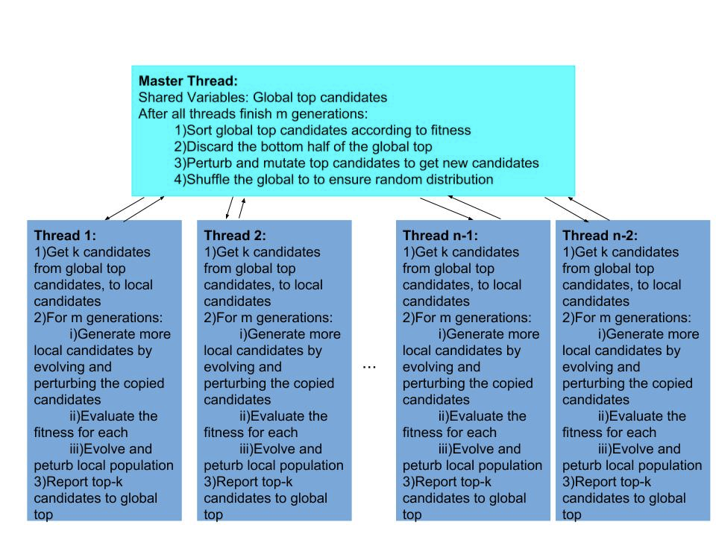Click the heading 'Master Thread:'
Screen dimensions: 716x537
[188, 81]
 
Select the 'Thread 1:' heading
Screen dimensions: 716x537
[65, 236]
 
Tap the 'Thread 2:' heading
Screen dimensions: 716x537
[235, 236]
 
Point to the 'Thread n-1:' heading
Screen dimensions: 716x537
[440, 236]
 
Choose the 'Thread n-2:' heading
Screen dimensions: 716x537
[600, 236]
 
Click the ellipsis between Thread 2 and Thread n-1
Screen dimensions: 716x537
[369, 367]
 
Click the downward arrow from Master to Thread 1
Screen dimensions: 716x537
[125, 209]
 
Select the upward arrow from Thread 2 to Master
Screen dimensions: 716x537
[242, 208]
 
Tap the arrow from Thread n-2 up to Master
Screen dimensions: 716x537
[588, 209]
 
